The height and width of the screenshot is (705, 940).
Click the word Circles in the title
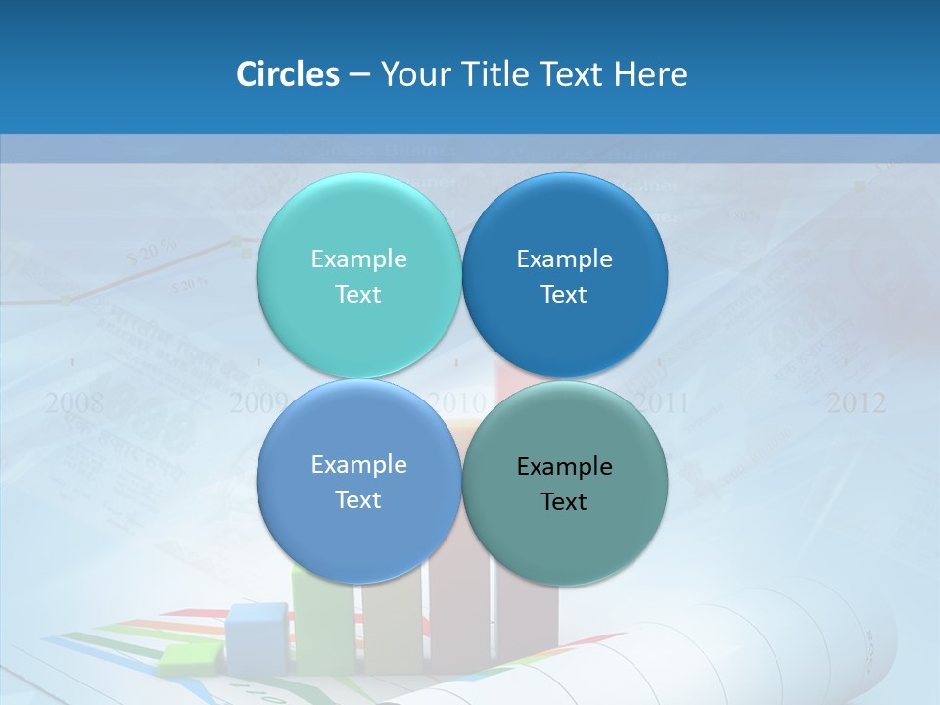287,74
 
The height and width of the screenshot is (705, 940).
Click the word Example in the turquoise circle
358,258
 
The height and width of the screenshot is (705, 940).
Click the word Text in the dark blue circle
564,295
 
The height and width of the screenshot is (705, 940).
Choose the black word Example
564,467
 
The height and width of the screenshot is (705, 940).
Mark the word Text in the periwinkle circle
358,500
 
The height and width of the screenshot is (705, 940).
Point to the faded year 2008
74,402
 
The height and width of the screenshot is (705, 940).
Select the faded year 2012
856,402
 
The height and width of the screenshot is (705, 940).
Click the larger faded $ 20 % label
152,252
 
